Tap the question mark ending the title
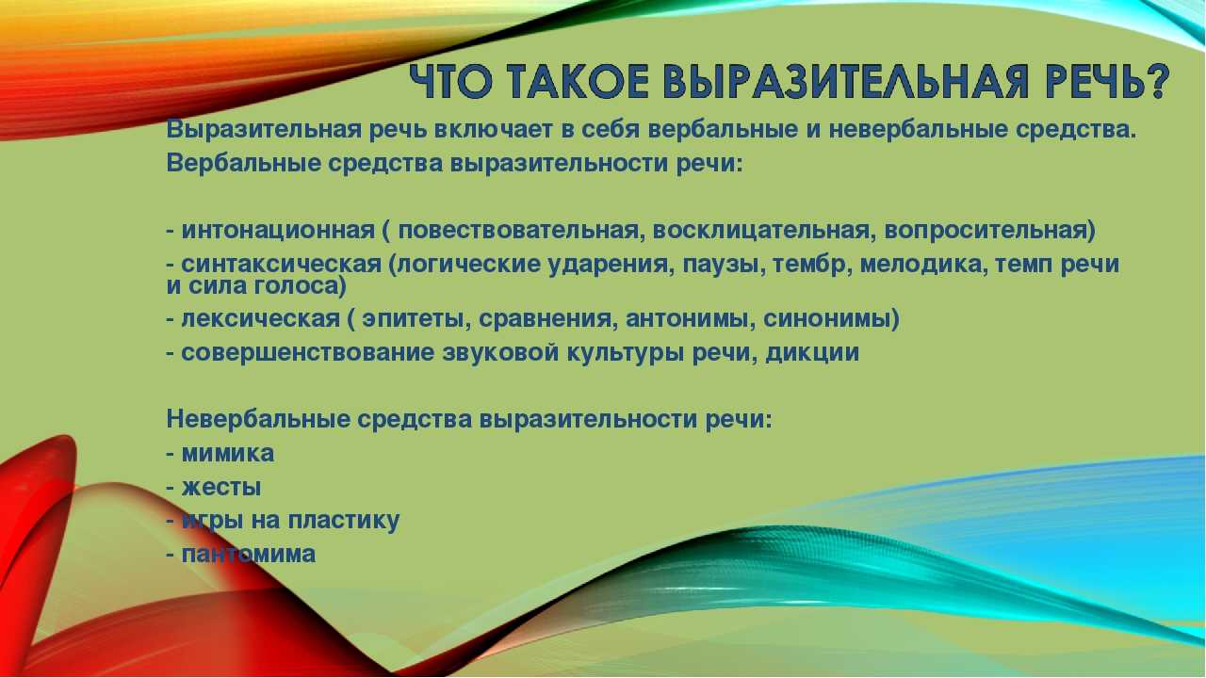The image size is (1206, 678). click(x=1154, y=82)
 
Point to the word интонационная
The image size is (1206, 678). click(x=278, y=231)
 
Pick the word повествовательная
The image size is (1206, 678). click(x=518, y=231)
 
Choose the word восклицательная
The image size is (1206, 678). click(x=760, y=231)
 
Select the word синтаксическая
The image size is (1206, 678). click(x=281, y=265)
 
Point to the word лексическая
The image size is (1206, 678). click(x=261, y=319)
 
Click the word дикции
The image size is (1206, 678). click(x=812, y=353)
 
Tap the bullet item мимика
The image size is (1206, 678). click(x=220, y=453)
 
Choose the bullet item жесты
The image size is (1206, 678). click(x=214, y=488)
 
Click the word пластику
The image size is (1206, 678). click(x=344, y=521)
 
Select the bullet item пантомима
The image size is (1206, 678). click(x=240, y=555)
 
